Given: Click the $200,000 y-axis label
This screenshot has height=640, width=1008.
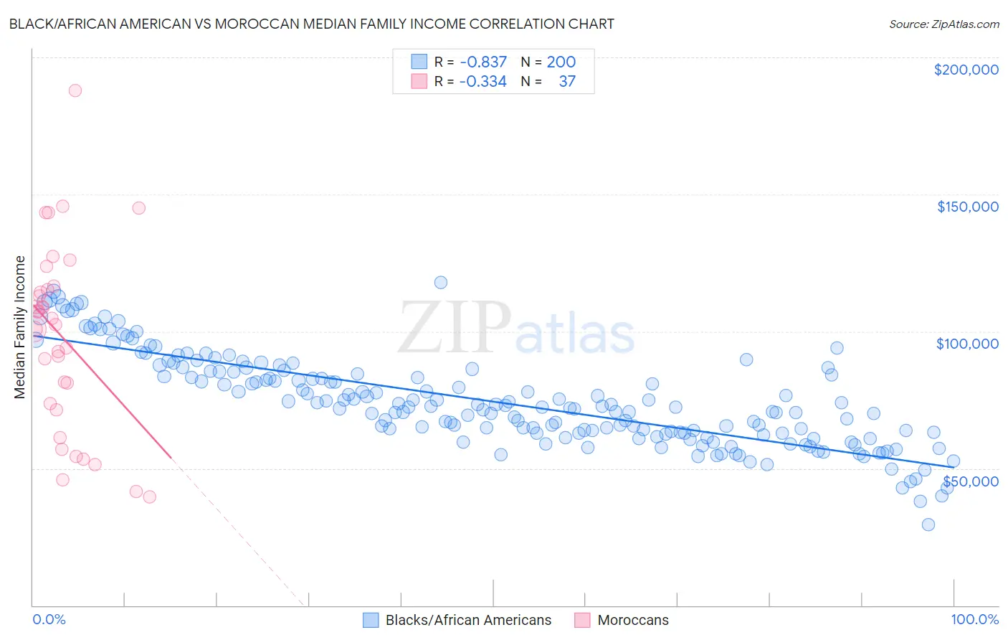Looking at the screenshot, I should coord(966,70).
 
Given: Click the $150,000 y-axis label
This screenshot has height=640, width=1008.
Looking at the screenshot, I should coord(967,207).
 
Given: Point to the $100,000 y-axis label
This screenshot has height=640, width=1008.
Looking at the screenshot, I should coord(967,344).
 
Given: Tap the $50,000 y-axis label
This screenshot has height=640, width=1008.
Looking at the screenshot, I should coord(970,481).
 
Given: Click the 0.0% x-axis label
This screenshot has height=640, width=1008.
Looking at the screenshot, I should coord(49,619).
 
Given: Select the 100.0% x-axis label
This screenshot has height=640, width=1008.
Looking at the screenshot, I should coord(974,619).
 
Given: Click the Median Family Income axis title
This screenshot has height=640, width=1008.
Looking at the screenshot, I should coord(20,327).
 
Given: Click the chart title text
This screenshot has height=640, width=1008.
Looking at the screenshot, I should coord(311,24).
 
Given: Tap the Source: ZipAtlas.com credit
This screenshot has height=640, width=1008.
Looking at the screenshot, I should coord(943,24).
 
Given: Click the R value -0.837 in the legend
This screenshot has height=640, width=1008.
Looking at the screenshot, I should coord(483,62).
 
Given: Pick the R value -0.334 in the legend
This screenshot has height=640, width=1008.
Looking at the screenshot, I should coord(483,82).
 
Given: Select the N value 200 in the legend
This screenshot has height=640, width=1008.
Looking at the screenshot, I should coord(561,62).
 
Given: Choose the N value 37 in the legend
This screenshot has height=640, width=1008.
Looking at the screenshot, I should coord(567,82).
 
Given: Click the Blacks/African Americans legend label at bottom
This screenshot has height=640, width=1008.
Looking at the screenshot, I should coord(468,620).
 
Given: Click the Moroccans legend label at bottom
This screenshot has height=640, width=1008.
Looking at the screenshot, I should coord(633,620).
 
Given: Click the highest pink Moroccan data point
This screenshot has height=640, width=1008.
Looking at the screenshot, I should coord(75,90).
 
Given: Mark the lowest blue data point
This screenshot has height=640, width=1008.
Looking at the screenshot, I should coord(928,524).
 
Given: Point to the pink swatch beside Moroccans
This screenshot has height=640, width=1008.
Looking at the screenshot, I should coord(582,620).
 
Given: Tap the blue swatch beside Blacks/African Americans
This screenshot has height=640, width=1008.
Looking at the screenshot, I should coord(371,620).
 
